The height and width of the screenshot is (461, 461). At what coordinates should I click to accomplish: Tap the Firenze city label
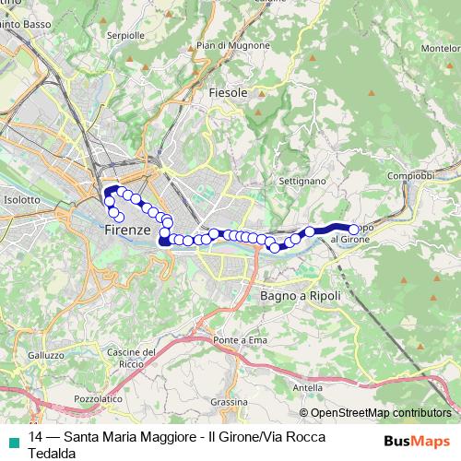[x=127, y=228]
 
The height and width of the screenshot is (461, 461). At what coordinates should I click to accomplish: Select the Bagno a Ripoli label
[x=301, y=296]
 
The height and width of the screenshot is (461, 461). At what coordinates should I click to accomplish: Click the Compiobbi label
[x=410, y=175]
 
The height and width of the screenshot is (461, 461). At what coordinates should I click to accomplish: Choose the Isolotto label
[x=22, y=198]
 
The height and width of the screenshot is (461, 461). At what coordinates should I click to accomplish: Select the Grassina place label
[x=230, y=402]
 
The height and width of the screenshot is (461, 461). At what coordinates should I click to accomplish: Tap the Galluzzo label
[x=46, y=355]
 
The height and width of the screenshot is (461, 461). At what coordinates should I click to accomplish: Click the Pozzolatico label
[x=97, y=398]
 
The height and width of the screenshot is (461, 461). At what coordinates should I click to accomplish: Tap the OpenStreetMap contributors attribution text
[x=381, y=413]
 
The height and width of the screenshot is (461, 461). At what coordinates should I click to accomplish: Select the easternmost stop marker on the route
[x=353, y=230]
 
